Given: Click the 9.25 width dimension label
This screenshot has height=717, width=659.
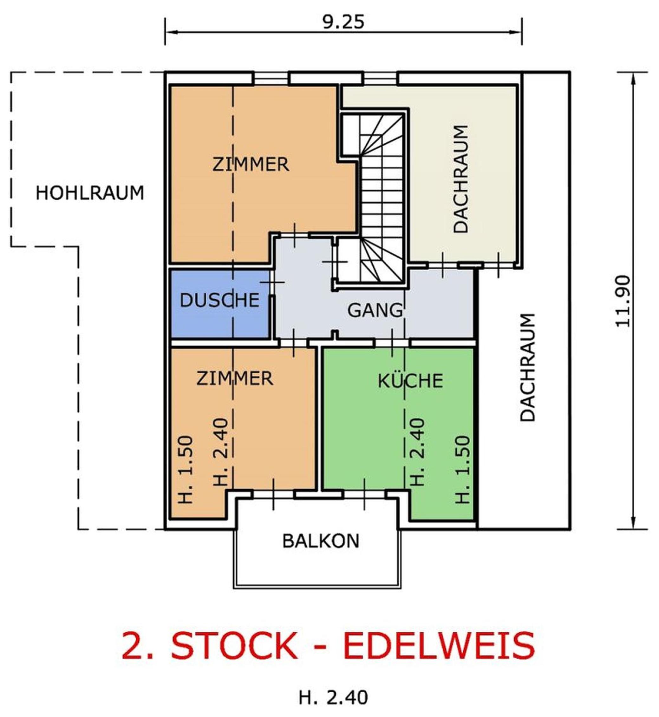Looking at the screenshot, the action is [x=343, y=22].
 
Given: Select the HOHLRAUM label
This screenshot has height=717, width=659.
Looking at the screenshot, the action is [x=90, y=193].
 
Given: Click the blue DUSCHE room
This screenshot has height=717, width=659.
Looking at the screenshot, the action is [x=220, y=303].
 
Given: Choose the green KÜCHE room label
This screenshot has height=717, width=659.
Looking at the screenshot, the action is [x=410, y=380].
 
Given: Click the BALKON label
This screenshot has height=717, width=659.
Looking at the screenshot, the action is [x=321, y=541].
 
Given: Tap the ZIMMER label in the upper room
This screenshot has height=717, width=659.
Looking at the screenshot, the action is [x=250, y=165].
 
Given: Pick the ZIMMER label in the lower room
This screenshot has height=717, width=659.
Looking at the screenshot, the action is [x=235, y=378].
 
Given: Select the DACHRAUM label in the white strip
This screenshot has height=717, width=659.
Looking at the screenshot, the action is [x=528, y=368].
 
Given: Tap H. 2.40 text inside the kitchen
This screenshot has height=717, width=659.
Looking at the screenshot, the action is [x=418, y=452].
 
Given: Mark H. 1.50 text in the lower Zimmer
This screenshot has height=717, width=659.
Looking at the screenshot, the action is [x=186, y=469].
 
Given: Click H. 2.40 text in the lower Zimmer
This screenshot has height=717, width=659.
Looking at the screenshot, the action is [x=220, y=452].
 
